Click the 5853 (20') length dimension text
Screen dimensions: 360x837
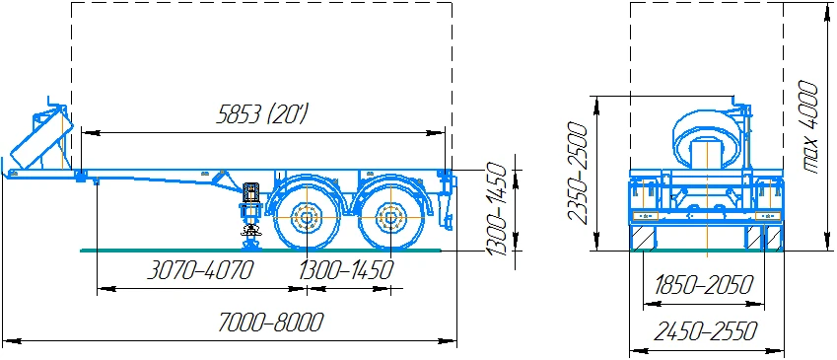[x=262, y=115]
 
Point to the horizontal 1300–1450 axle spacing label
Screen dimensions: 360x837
[x=345, y=270]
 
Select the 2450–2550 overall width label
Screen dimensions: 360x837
[x=703, y=331]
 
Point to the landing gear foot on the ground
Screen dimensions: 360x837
[x=249, y=243]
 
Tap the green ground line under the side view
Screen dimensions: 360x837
[x=197, y=251]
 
